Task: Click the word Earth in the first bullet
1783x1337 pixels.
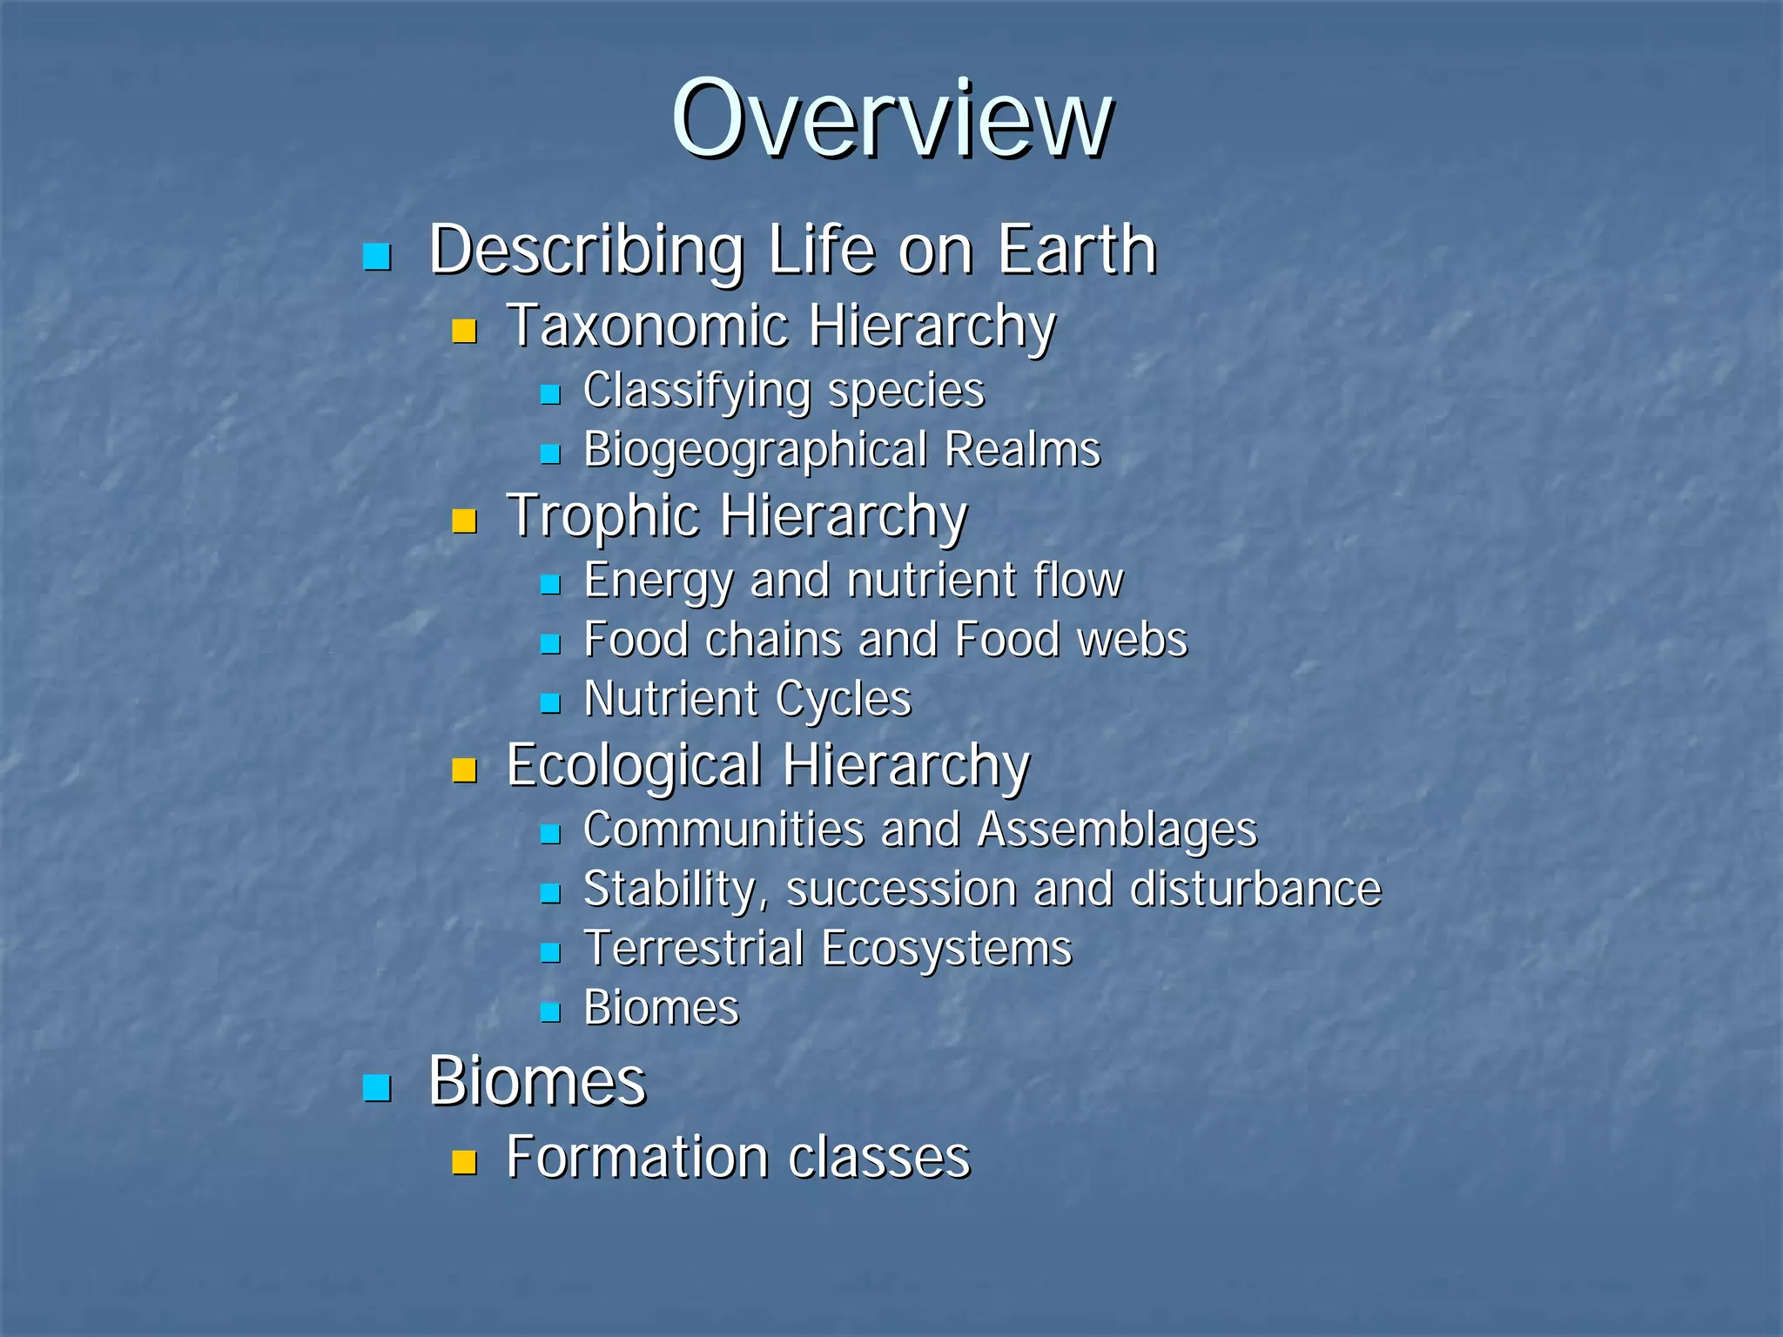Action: coord(1076,250)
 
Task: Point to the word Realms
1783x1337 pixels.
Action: coord(1022,450)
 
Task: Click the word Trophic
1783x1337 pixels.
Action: coord(603,515)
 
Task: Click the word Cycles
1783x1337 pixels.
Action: coord(843,699)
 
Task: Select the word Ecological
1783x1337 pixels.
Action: coord(634,765)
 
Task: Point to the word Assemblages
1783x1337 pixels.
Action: coord(1117,830)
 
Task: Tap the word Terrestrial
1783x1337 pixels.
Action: coord(694,948)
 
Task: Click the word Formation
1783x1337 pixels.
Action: coord(637,1157)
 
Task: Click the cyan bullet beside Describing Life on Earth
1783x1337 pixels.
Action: coord(377,257)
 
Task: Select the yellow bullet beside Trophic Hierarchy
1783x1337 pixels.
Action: coord(465,521)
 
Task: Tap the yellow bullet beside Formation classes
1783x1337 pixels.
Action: coord(465,1163)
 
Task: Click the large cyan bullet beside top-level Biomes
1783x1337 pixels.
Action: coord(377,1088)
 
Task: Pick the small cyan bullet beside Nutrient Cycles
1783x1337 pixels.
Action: coord(549,703)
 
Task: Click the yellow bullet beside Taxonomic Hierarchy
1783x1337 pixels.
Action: coord(465,332)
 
